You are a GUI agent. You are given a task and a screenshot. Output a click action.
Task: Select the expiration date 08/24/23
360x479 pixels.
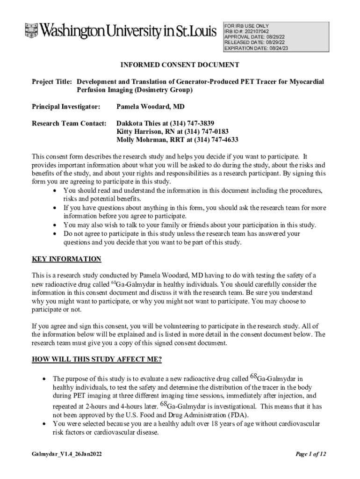(278, 48)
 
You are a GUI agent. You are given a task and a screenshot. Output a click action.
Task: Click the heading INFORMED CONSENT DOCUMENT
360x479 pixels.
(180, 65)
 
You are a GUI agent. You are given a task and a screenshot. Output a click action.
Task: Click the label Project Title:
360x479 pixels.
(51, 82)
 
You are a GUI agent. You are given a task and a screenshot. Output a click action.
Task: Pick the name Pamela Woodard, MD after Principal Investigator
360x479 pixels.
(150, 107)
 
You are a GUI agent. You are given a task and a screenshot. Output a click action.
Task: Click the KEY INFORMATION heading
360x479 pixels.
(66, 259)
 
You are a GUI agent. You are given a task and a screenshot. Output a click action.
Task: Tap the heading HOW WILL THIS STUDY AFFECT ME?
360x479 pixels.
(97, 359)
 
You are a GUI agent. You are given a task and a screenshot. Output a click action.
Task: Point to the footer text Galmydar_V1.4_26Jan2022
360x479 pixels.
(68, 454)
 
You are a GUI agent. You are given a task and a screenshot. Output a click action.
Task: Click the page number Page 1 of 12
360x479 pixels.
(310, 454)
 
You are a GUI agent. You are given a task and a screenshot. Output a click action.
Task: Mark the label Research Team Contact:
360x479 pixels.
(66, 124)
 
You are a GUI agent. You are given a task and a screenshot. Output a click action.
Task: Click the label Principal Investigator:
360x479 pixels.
(66, 107)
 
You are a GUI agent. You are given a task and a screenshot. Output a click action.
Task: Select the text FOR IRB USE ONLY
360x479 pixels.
(246, 26)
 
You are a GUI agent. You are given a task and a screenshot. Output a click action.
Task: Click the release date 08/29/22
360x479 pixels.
(275, 43)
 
